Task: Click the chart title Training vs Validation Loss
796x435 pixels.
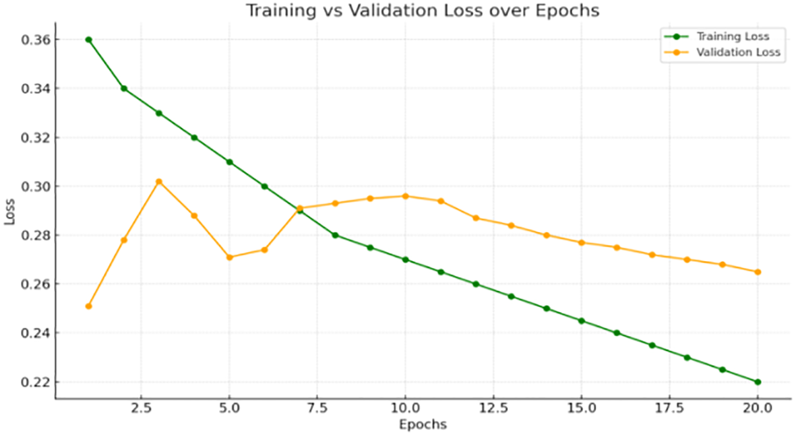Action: (421, 11)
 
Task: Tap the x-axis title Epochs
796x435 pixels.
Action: (423, 424)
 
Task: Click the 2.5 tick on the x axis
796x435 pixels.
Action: (141, 409)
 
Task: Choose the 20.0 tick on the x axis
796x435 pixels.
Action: (757, 409)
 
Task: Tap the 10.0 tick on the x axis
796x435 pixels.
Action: (405, 409)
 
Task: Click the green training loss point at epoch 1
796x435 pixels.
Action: (88, 40)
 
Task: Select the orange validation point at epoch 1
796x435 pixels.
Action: (88, 306)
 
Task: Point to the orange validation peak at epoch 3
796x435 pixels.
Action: (159, 182)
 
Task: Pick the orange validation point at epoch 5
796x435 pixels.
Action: (229, 257)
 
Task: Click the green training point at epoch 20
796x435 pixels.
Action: (758, 382)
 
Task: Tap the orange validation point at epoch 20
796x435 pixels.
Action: (758, 272)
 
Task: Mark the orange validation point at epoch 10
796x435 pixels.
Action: (405, 196)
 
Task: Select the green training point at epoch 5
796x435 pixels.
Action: (229, 162)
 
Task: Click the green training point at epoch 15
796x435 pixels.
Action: (582, 321)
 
